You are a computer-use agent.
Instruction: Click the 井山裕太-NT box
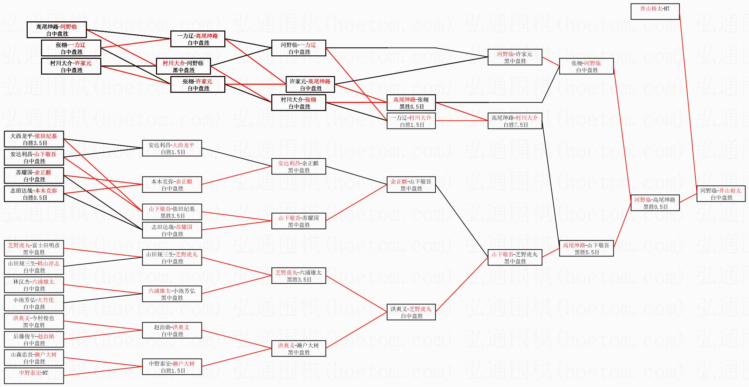pyautogui.click(x=655, y=12)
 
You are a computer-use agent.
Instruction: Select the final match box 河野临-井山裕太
pyautogui.click(x=721, y=194)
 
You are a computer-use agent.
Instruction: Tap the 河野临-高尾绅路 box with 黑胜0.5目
pyautogui.click(x=655, y=203)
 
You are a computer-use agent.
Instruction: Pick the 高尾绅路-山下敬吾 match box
pyautogui.click(x=586, y=248)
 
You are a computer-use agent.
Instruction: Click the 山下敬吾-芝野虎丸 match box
pyautogui.click(x=515, y=257)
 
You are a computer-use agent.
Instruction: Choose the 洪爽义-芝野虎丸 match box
pyautogui.click(x=411, y=312)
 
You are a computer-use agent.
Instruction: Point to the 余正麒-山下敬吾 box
pyautogui.click(x=411, y=185)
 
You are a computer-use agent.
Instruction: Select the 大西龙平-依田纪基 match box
pyautogui.click(x=34, y=139)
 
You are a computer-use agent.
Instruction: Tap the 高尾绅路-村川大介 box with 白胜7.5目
pyautogui.click(x=515, y=121)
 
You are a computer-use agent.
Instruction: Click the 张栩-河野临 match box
pyautogui.click(x=586, y=66)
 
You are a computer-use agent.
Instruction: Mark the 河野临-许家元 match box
pyautogui.click(x=515, y=57)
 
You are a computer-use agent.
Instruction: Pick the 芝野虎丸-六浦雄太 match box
pyautogui.click(x=298, y=276)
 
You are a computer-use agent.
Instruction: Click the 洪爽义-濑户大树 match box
pyautogui.click(x=298, y=348)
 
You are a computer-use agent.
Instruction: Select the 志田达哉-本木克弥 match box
pyautogui.click(x=34, y=194)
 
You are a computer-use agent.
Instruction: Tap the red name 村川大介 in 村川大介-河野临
pyautogui.click(x=173, y=63)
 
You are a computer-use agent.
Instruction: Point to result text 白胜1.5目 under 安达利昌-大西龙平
pyautogui.click(x=173, y=152)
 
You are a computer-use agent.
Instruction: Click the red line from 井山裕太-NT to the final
pyautogui.click(x=688, y=102)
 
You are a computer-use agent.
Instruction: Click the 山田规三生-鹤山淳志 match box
pyautogui.click(x=34, y=267)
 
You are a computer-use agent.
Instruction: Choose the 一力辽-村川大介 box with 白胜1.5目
pyautogui.click(x=411, y=121)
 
